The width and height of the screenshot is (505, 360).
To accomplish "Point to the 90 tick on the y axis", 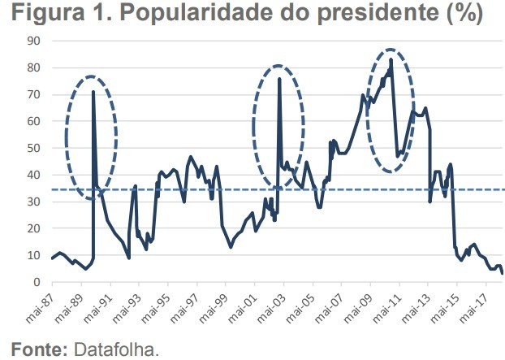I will click(34, 41).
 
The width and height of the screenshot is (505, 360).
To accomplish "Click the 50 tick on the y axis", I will click(34, 148).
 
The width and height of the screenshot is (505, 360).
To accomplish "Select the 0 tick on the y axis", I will click(37, 282).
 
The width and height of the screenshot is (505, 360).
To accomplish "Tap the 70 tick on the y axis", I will click(34, 94).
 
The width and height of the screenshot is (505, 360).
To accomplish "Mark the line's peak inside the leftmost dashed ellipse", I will click(93, 92).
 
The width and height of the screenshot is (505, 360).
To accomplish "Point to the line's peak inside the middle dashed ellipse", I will click(279, 79).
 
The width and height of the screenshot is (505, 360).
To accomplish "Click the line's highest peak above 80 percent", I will click(391, 59).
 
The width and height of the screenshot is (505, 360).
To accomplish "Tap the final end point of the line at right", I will click(503, 274).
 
